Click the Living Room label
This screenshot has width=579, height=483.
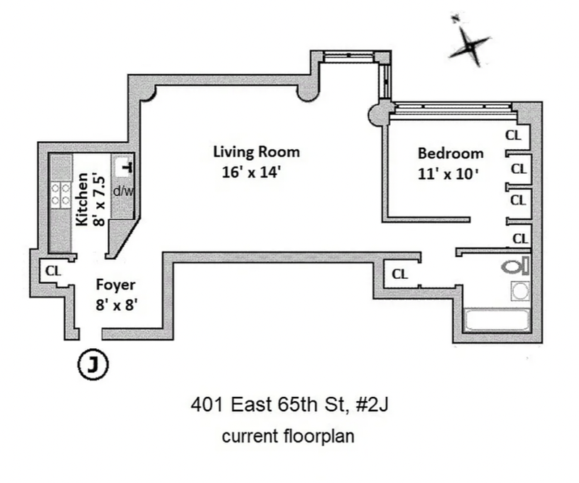coord(255,152)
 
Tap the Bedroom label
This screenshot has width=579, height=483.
coord(450,154)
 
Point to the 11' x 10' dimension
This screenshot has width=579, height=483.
coord(450,173)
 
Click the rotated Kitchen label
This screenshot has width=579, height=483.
coord(83,199)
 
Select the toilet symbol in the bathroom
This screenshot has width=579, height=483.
coord(515,266)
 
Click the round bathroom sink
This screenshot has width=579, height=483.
coord(520,291)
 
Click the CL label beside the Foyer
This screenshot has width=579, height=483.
coord(53,271)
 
